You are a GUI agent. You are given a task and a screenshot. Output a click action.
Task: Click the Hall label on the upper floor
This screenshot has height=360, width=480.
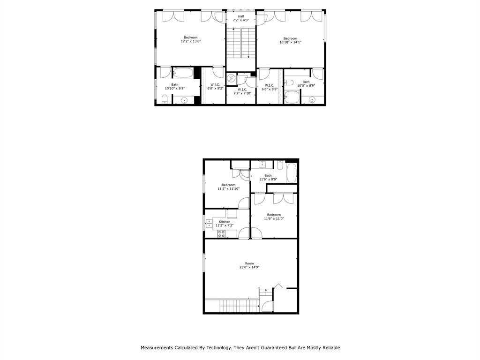tap(241, 16)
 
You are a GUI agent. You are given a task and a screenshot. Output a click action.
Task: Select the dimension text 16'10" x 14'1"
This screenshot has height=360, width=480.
tap(290, 42)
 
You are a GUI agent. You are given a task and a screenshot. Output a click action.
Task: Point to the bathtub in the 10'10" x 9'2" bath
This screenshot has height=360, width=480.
tap(183, 73)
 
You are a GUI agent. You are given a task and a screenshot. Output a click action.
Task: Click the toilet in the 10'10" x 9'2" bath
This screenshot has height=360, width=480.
tap(165, 99)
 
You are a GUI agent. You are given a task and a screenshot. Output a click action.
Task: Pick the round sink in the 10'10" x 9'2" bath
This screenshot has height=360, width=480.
tap(184, 100)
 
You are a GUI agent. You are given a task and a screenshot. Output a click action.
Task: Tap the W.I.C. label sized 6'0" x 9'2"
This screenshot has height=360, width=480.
tap(215, 85)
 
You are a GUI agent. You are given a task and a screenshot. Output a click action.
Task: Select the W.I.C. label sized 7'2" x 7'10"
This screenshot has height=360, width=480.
tap(242, 89)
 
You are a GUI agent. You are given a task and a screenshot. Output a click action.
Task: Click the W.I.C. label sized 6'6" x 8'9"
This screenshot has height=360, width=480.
tap(269, 85)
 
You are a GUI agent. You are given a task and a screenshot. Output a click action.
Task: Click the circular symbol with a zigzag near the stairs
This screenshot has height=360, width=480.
tap(231, 78)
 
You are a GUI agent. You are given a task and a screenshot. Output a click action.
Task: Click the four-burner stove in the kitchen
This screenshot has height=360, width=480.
tap(221, 233)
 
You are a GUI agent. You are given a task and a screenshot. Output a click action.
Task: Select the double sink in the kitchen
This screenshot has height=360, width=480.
tap(209, 224)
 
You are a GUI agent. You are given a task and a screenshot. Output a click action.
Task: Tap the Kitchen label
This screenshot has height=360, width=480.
tap(225, 222)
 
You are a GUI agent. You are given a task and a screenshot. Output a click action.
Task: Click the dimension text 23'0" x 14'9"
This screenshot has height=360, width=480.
tap(249, 267)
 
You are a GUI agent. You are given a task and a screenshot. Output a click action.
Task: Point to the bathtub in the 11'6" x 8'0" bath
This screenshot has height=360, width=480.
tap(292, 173)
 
